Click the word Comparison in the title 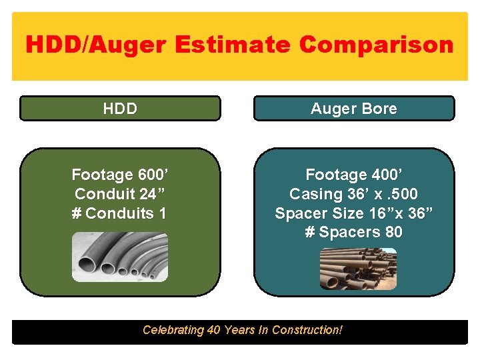point(377,45)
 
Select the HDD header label point(120,109)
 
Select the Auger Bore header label point(353,109)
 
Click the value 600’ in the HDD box point(153,175)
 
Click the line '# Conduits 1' point(120,213)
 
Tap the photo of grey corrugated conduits point(120,257)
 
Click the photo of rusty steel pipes point(358,269)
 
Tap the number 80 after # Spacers point(393,233)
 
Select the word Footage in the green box point(102,175)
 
